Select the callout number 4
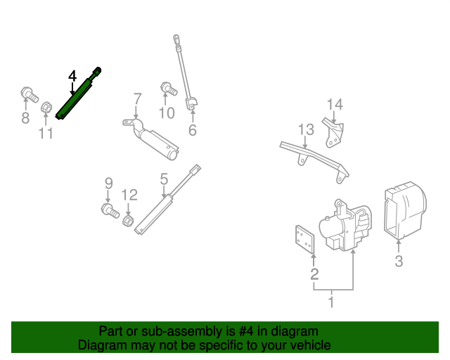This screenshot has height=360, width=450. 72,75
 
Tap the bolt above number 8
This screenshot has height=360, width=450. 29,93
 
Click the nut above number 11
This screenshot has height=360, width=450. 46,108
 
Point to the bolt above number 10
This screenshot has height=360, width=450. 169,89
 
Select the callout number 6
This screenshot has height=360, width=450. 192,130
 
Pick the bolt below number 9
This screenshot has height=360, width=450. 110,210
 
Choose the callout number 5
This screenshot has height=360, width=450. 164,180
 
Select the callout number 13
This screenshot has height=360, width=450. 305,129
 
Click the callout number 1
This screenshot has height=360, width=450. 330,302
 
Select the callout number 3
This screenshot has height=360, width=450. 399,262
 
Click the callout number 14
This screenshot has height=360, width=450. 334,105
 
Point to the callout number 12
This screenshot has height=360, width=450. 129,195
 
